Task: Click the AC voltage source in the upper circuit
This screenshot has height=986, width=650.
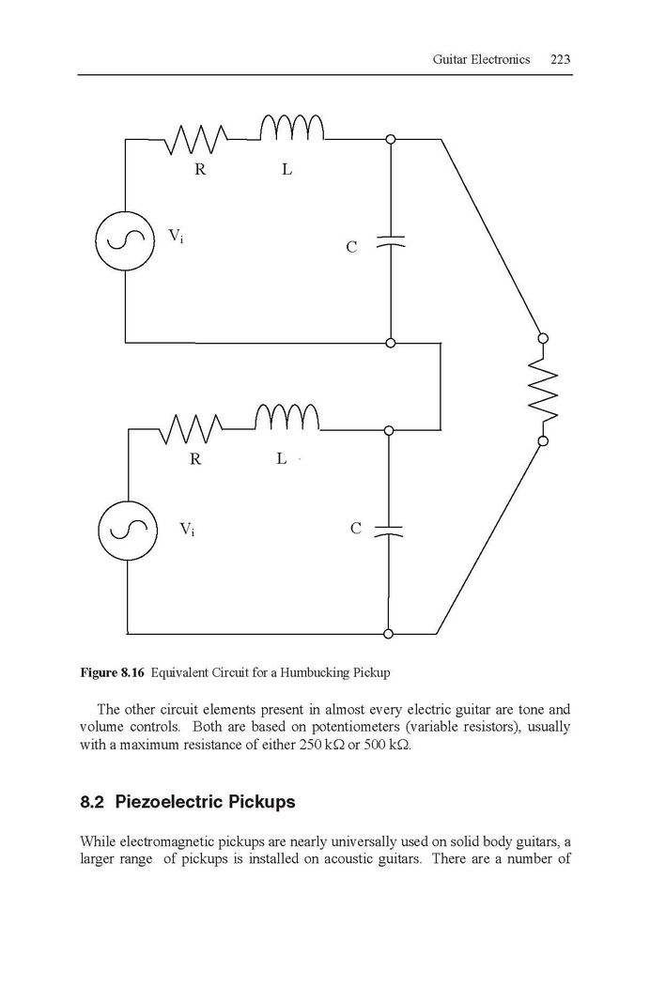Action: pyautogui.click(x=125, y=240)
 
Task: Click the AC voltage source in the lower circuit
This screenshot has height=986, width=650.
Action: pyautogui.click(x=128, y=531)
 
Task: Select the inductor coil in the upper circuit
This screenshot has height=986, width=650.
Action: pyautogui.click(x=292, y=128)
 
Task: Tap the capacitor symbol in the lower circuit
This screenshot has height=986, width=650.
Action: pyautogui.click(x=388, y=531)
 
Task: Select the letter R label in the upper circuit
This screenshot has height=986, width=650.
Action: pyautogui.click(x=200, y=170)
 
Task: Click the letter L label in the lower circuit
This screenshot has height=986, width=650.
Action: pyautogui.click(x=281, y=459)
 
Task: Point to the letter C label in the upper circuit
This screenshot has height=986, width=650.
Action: pyautogui.click(x=351, y=247)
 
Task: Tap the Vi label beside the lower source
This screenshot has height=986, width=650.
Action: pyautogui.click(x=187, y=530)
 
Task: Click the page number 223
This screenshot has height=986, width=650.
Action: pyautogui.click(x=560, y=59)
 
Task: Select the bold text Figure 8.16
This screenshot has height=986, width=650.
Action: pyautogui.click(x=113, y=673)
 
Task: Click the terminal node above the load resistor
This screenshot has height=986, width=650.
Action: pyautogui.click(x=543, y=338)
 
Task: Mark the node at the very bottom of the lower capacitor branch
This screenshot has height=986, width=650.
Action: pyautogui.click(x=389, y=634)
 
